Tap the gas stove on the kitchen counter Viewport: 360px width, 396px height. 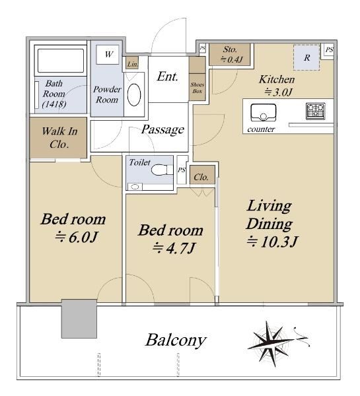pos(316,111)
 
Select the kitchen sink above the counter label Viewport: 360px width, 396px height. pos(263,113)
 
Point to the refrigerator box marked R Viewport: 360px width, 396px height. pos(306,57)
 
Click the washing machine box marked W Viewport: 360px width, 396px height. pos(108,54)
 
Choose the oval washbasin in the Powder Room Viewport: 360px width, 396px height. pos(134,94)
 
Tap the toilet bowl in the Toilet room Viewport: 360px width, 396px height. pos(162,170)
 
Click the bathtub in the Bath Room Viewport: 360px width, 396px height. pos(61,61)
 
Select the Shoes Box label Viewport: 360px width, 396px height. pos(198,88)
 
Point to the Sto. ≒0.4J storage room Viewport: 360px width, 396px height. pos(230,55)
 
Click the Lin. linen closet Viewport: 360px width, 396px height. pos(132,63)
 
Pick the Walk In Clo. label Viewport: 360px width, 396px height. pos(59,138)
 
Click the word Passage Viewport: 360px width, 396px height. pos(162,129)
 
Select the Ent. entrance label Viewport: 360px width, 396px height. pos(167,77)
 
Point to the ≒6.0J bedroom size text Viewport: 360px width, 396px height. pos(77,237)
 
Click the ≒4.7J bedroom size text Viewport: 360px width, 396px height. pos(174,248)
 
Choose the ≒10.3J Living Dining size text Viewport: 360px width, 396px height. pos(273,242)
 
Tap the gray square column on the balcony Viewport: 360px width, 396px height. pos(79,319)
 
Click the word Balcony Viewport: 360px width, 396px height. pos(176,340)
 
